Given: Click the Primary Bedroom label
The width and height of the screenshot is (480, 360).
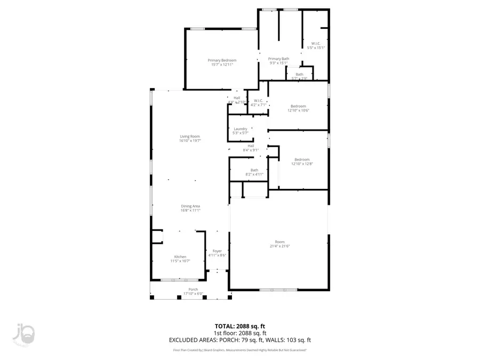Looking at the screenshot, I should (x=222, y=60).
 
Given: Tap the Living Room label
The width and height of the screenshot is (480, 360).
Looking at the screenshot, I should (x=189, y=137).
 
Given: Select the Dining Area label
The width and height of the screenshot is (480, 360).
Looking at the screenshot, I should (x=190, y=206).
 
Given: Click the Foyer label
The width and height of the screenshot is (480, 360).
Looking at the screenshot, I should (x=217, y=251).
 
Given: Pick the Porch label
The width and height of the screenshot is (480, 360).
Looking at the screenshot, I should (x=193, y=290).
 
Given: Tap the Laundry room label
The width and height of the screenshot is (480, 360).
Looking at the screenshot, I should (x=240, y=129).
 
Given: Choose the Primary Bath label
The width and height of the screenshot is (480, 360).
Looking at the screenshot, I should (x=278, y=59).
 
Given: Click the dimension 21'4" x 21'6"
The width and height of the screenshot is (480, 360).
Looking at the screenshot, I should (x=280, y=246).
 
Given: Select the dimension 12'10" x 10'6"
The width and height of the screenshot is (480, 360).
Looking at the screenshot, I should (x=298, y=110).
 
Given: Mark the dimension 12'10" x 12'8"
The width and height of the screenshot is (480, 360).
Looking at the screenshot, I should (x=302, y=164).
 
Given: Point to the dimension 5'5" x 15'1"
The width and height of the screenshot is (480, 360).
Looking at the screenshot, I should (x=316, y=48).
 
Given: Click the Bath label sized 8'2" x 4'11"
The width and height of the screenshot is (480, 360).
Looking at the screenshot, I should (x=254, y=170).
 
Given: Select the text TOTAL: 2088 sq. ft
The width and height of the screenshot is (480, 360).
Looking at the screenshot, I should (x=239, y=325).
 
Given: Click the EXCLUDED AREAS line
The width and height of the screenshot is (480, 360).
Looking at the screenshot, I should (x=239, y=339).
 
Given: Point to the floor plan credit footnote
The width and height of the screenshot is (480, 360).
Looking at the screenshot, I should (x=239, y=350).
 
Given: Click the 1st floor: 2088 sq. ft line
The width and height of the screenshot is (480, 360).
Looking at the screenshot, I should (x=239, y=332).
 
